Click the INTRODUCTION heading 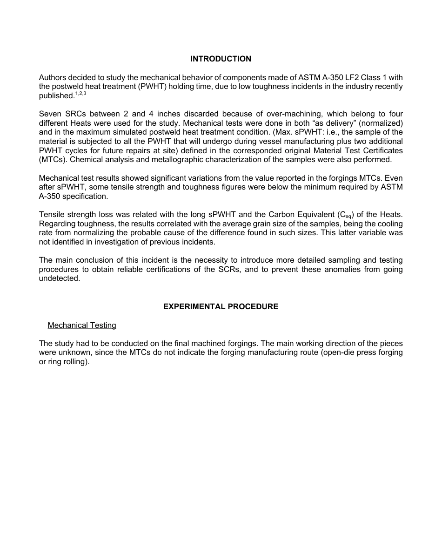pyautogui.click(x=221, y=59)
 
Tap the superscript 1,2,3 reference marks pyautogui.click(x=80, y=94)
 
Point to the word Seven pyautogui.click(x=50, y=114)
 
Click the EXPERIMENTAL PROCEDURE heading pyautogui.click(x=221, y=306)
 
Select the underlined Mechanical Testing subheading pyautogui.click(x=82, y=325)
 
